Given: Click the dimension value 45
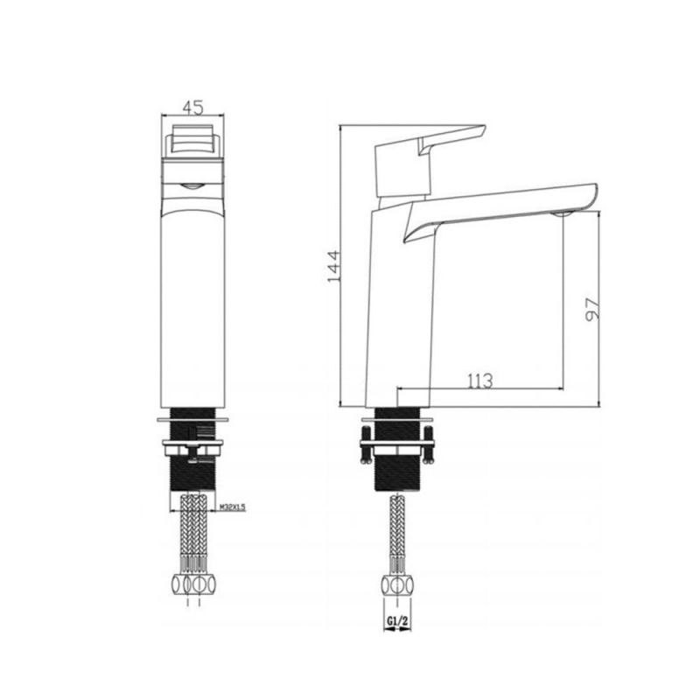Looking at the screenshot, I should coord(192,107).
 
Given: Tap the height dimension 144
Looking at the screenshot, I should coord(333,265).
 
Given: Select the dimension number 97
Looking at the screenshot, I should coord(592,309).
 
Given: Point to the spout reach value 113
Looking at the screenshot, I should coord(479,381).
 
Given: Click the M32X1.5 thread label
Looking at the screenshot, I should coord(231,507).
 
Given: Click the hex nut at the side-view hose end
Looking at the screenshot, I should coord(396,585).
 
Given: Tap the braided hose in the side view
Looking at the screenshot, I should coord(396,534).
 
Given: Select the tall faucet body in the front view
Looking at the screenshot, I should coord(193,306).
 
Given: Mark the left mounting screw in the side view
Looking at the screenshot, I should coord(366,444).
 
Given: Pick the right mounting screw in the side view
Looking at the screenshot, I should coord(428,444).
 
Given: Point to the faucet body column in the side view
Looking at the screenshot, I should coord(398,306).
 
